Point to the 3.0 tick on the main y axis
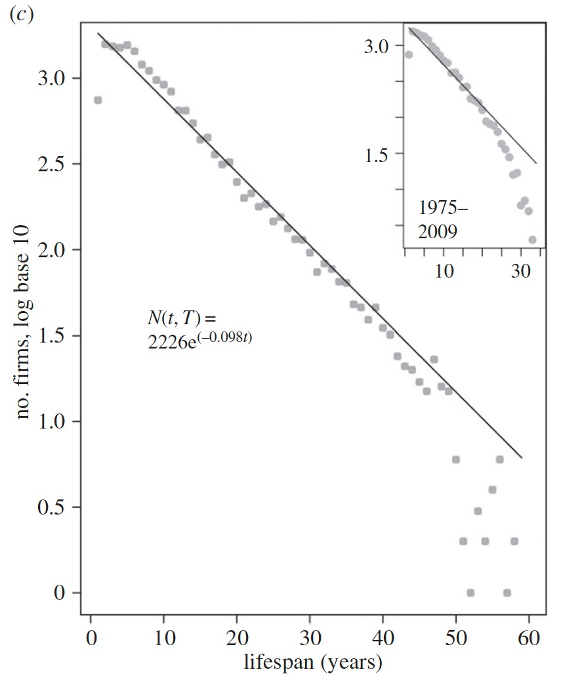pyautogui.click(x=50, y=78)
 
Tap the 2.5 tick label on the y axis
pyautogui.click(x=50, y=164)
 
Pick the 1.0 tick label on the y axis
pyautogui.click(x=50, y=421)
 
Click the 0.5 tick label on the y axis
pyautogui.click(x=50, y=507)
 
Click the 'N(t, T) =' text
pyautogui.click(x=181, y=319)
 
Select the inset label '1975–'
pyautogui.click(x=443, y=211)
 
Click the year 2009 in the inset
pyautogui.click(x=438, y=231)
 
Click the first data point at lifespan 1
pyautogui.click(x=98, y=100)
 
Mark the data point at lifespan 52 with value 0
pyautogui.click(x=470, y=593)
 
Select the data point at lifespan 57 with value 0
pyautogui.click(x=507, y=593)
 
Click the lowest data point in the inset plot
pyautogui.click(x=532, y=240)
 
